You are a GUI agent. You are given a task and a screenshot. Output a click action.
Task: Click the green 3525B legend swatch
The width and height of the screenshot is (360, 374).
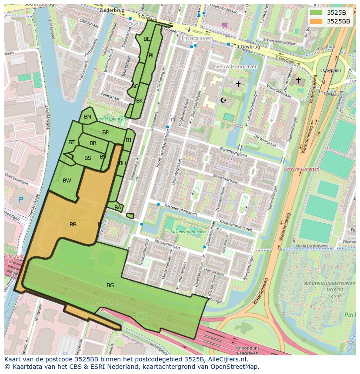pos(316,13)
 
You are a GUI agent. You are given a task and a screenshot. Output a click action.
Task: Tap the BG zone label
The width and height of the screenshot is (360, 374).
pos(110,285)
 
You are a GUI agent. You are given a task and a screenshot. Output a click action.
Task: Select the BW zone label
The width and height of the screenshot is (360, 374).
pos(67,181)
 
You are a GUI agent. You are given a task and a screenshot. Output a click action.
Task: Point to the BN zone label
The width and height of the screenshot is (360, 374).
pos(87,117)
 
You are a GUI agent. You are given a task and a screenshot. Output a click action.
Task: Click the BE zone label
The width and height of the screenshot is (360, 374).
pos(147,39)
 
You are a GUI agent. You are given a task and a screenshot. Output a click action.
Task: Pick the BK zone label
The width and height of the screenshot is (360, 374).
pos(140,101)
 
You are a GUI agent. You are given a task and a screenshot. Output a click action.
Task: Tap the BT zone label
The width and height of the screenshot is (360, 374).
pos(71,142)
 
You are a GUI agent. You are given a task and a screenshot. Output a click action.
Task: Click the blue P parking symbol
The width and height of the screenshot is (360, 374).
pos(20,200)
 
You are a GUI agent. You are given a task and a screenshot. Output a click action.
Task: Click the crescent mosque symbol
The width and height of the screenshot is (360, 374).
pos(224,100)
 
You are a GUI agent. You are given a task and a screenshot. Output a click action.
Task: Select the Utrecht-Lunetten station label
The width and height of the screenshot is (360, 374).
pos(301,169)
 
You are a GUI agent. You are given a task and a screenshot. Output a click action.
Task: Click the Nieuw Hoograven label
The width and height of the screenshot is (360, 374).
pos(236,66)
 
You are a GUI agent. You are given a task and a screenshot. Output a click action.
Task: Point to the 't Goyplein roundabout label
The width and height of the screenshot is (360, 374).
pos(330,70)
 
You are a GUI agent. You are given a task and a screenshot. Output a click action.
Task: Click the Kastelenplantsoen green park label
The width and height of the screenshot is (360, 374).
pos(188,232)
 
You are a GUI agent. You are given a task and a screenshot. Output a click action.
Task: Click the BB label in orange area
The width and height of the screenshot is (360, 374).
pos(73,225)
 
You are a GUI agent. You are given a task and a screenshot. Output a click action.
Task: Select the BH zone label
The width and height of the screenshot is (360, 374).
pos(122,163)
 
